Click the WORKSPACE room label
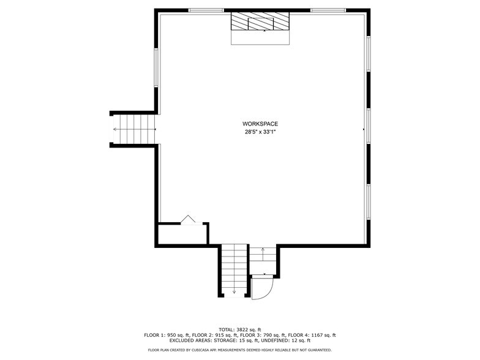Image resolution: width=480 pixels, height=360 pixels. click(x=261, y=124)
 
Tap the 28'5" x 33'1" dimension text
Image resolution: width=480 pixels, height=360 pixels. click(x=261, y=132)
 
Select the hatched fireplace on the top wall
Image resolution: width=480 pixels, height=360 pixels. click(x=260, y=22)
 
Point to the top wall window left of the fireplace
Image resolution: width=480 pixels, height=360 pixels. click(x=206, y=10)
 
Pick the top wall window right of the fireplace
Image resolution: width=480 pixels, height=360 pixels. click(x=328, y=10)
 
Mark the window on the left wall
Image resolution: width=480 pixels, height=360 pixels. click(x=156, y=67)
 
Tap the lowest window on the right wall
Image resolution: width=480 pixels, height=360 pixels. click(x=369, y=202)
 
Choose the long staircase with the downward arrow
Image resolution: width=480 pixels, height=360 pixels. click(x=234, y=269)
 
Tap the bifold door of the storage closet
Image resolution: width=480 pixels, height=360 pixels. click(x=188, y=220)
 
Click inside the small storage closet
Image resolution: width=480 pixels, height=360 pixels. click(x=181, y=234)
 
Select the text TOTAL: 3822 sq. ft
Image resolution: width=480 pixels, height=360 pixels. click(x=239, y=329)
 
